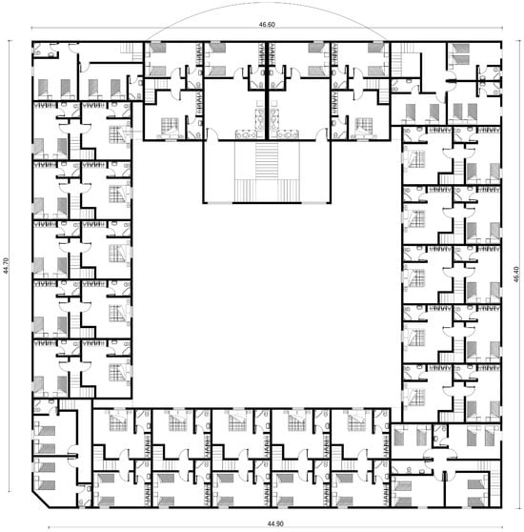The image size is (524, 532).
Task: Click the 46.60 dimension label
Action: [x=267, y=25]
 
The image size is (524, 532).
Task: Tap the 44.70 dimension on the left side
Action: [x=5, y=266]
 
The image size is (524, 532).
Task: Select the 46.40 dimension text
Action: [x=515, y=275]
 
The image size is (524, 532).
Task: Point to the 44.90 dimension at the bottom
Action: [x=275, y=523]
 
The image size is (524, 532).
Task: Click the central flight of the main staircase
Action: [x=267, y=160]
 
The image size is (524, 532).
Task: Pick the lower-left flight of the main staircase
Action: [x=245, y=191]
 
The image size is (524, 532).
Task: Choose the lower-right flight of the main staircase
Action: [x=289, y=191]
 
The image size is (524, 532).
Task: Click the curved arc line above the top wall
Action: [x=267, y=3]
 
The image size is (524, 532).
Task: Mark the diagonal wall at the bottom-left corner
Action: [x=41, y=499]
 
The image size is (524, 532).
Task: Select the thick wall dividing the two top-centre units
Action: [x=267, y=91]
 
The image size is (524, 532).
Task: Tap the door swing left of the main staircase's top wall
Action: [x=212, y=133]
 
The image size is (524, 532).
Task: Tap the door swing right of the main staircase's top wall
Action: [x=322, y=133]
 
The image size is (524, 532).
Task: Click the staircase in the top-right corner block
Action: [x=397, y=60]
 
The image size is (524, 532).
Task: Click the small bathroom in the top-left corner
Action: [x=45, y=50]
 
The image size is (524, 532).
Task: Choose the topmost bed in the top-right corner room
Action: [x=459, y=49]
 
